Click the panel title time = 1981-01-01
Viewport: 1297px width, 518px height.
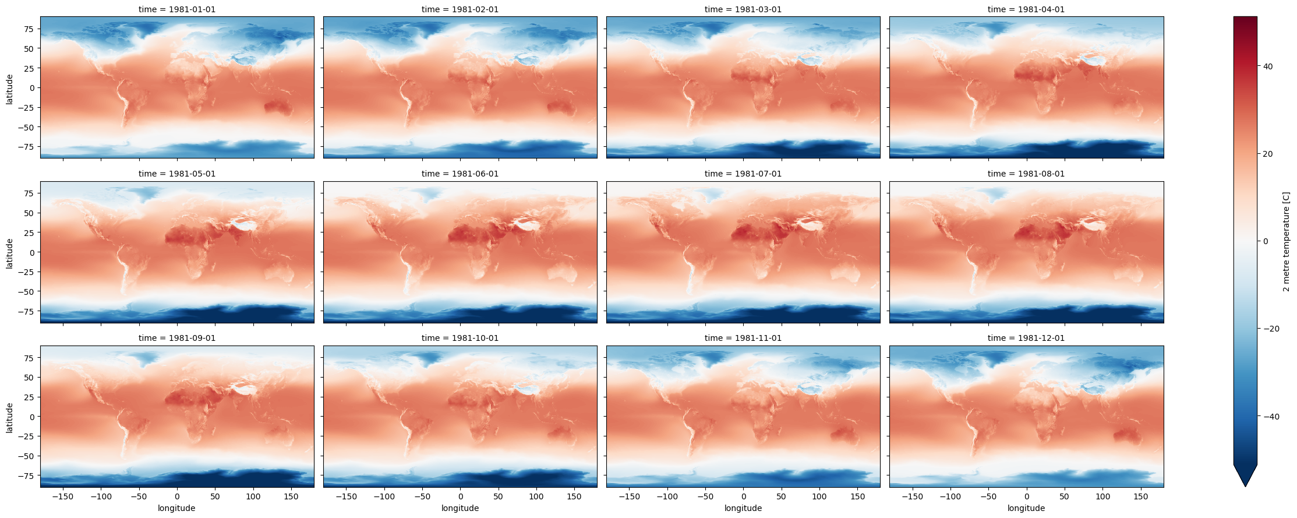click(177, 9)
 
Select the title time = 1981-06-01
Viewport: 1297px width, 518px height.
click(460, 174)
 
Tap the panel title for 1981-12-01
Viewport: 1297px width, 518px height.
click(1026, 338)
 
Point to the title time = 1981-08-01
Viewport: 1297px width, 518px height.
click(1026, 174)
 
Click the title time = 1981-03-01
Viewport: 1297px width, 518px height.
click(743, 9)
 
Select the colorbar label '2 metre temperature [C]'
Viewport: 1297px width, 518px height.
click(1286, 242)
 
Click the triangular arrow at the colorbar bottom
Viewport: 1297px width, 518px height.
click(1245, 474)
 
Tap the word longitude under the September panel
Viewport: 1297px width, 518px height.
click(176, 508)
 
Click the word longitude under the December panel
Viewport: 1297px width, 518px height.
click(1026, 508)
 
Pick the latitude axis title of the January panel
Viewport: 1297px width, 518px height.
click(9, 88)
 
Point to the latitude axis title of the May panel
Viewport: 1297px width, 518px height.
click(9, 253)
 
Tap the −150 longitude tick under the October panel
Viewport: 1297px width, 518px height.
click(347, 497)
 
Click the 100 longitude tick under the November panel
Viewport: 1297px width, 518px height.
click(819, 497)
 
